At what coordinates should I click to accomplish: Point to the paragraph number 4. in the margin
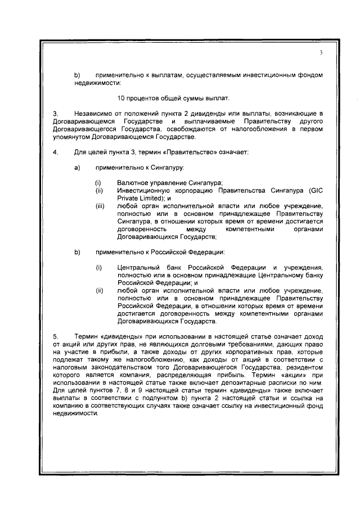click(x=55, y=152)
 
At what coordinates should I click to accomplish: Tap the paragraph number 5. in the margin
click(x=55, y=335)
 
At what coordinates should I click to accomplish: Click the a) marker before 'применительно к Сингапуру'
click(x=77, y=168)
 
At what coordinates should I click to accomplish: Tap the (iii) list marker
click(x=100, y=206)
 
